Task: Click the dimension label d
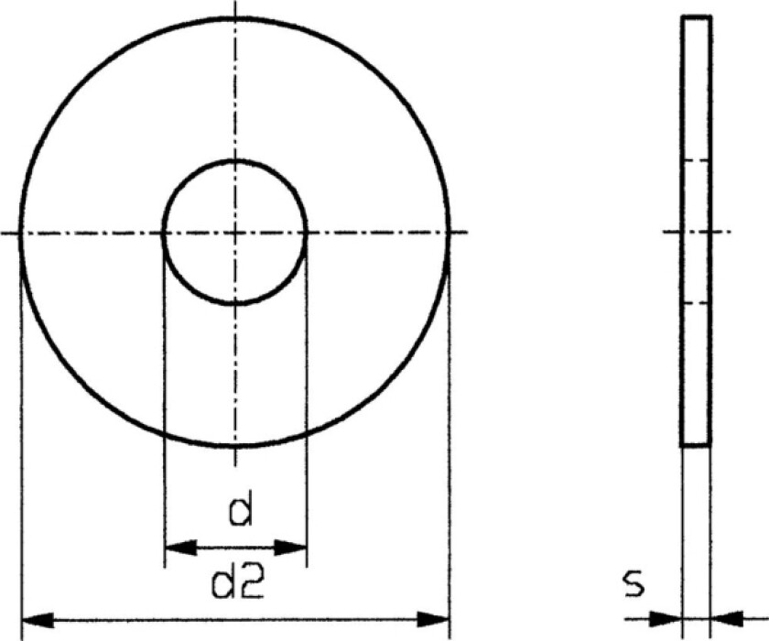(x=240, y=511)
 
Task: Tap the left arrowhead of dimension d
(x=177, y=548)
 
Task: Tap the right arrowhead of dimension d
(x=293, y=548)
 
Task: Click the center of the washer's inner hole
(x=234, y=233)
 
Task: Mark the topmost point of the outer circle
(x=234, y=16)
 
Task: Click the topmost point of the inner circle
(x=234, y=160)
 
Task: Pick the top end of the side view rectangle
(x=697, y=16)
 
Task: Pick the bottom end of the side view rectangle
(x=697, y=446)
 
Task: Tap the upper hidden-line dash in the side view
(x=697, y=161)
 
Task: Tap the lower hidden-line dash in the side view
(x=697, y=303)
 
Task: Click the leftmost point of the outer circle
(x=19, y=233)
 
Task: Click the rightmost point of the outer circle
(x=449, y=233)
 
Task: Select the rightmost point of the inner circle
(x=307, y=233)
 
